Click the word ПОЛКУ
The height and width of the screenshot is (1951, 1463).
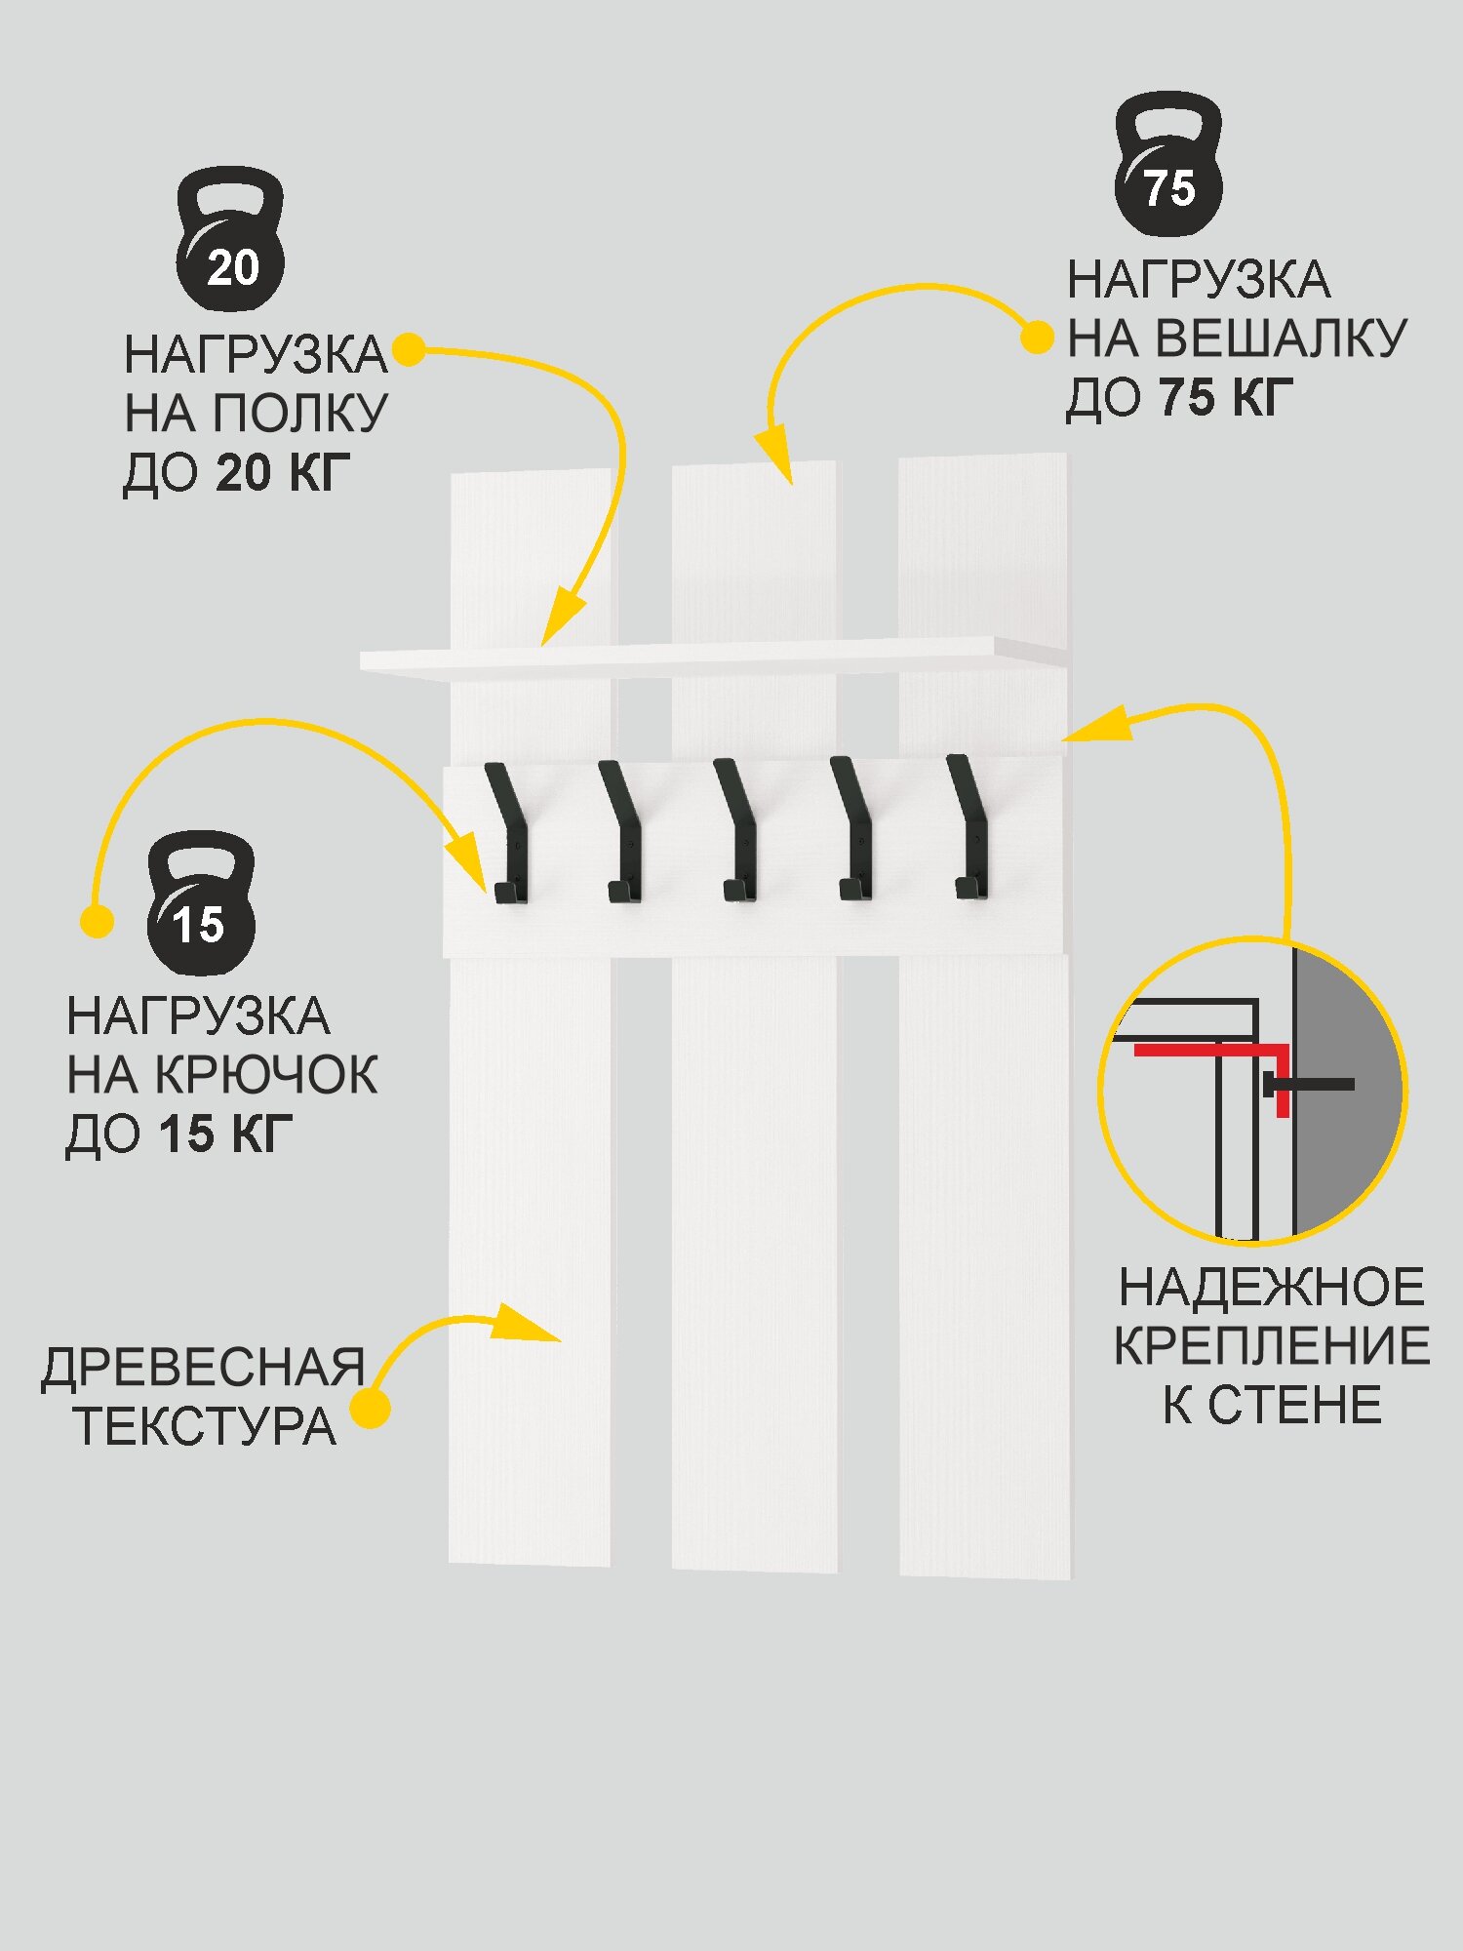(300, 414)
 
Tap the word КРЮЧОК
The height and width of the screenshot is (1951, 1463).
(266, 1076)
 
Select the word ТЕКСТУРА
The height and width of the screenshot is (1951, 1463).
(206, 1426)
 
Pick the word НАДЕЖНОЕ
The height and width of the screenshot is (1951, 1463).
(1272, 1287)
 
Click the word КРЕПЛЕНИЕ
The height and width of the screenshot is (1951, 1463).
(1272, 1346)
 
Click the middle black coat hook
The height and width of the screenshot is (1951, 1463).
(735, 831)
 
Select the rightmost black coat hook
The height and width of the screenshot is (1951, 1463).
(969, 828)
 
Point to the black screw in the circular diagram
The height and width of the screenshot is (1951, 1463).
(1312, 1085)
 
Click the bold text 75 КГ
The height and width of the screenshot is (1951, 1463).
(1226, 398)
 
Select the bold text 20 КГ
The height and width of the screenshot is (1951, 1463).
(282, 473)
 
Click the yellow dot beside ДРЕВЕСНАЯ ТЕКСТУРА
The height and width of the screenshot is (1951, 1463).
(371, 1409)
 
